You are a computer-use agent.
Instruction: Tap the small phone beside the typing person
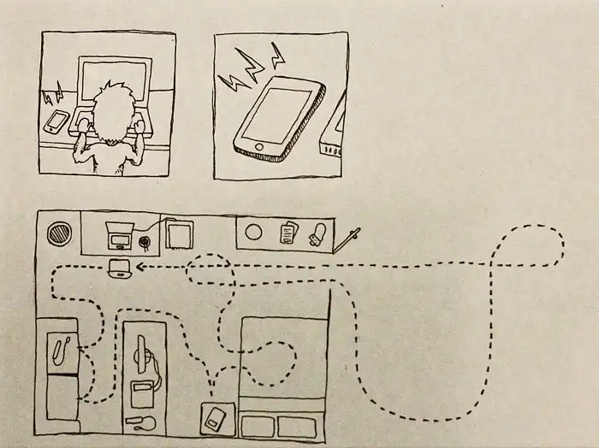pyautogui.click(x=56, y=122)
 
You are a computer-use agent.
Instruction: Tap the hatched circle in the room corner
pyautogui.click(x=59, y=233)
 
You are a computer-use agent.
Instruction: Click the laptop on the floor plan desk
pyautogui.click(x=117, y=233)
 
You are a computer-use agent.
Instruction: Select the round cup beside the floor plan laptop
pyautogui.click(x=146, y=244)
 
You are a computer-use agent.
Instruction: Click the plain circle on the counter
pyautogui.click(x=253, y=231)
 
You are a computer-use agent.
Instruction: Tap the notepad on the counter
pyautogui.click(x=288, y=231)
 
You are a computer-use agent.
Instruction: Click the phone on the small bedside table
pyautogui.click(x=214, y=419)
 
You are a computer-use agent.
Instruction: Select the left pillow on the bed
pyautogui.click(x=258, y=426)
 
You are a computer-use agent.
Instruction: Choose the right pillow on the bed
pyautogui.click(x=297, y=426)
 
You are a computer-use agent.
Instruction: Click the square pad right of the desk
pyautogui.click(x=181, y=233)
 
